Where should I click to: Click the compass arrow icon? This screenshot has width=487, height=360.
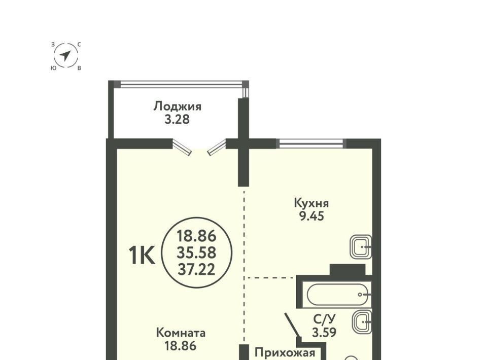coord(65,56)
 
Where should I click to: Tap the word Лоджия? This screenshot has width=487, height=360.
coord(178,106)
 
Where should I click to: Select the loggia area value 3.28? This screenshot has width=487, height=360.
coord(177,120)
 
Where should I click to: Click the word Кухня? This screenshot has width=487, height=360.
coord(311,203)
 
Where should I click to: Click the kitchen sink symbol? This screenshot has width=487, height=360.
coord(361,247)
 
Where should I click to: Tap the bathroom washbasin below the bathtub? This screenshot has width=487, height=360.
coord(362,322)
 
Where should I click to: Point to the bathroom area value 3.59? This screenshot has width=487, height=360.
coord(324,333)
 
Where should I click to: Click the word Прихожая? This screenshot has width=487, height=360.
coord(285,353)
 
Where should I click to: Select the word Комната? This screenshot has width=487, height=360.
coord(181,333)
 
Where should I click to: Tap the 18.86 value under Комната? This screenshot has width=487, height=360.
coord(181,346)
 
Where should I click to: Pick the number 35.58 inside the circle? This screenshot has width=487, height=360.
coord(197,253)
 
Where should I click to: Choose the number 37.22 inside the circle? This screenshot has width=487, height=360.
coord(197,269)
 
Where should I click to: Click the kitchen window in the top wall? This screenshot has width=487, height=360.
coord(311,143)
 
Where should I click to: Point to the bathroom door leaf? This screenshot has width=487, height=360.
coord(293,325)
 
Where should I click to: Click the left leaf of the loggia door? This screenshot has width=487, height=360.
coord(182,147)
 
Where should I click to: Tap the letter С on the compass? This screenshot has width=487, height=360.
coord(79,45)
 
